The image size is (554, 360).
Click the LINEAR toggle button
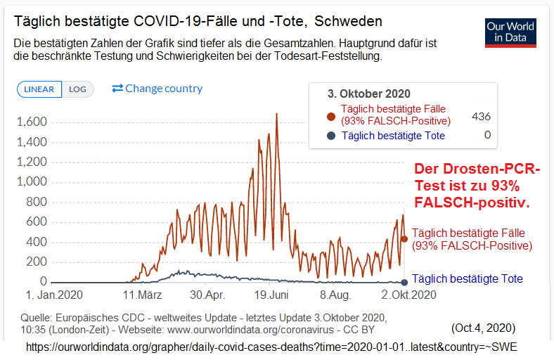(39, 89)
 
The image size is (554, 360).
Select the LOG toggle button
(77, 89)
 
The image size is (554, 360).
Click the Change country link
(157, 89)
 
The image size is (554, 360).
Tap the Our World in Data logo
(510, 32)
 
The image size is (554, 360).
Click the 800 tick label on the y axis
(37, 202)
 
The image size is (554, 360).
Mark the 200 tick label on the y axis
(37, 262)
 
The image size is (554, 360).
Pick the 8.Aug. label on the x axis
(335, 295)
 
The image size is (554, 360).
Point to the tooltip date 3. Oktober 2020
(369, 94)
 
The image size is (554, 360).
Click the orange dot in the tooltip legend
(331, 117)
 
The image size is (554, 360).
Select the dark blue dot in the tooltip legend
(331, 136)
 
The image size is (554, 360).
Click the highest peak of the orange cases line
(276, 114)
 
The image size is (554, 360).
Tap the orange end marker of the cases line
(404, 239)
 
